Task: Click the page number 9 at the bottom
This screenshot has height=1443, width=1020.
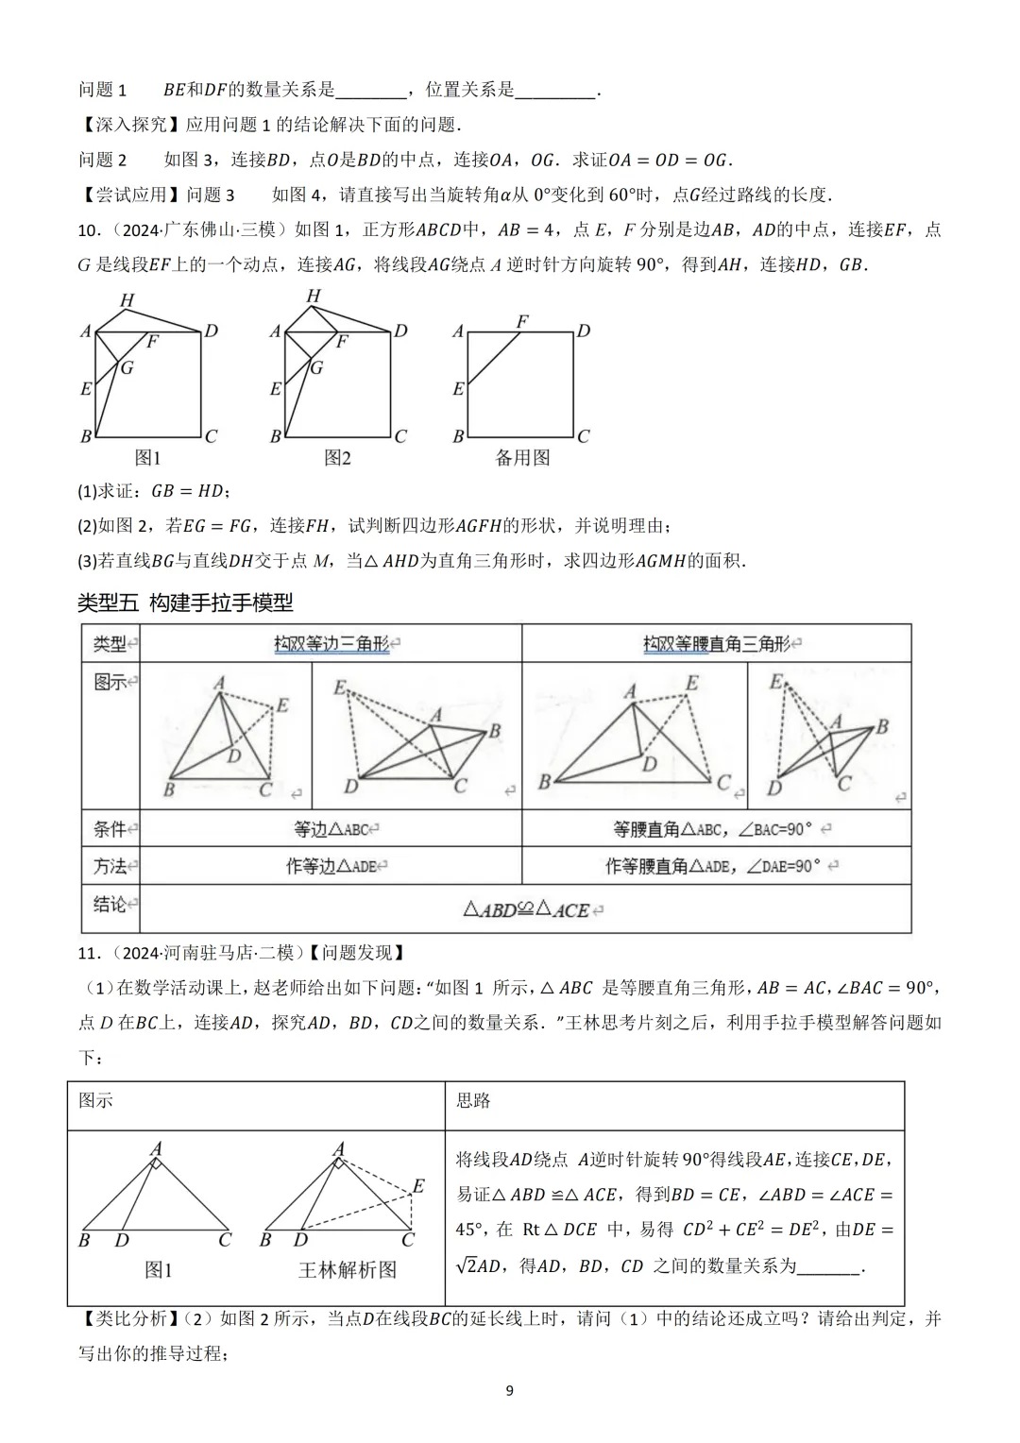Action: (x=510, y=1390)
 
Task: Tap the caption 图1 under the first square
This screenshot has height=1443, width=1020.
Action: (x=148, y=458)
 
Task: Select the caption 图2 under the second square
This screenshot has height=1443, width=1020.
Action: (x=337, y=458)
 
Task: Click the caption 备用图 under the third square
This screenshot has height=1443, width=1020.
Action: (x=522, y=458)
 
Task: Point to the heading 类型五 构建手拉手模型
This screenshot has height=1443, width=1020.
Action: (x=185, y=602)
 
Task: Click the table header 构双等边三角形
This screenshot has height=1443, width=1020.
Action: (x=331, y=644)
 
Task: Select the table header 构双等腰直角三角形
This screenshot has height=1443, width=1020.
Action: (x=717, y=644)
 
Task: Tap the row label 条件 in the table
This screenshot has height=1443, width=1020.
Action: (x=110, y=829)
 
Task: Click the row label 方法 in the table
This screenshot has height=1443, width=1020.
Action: (x=110, y=866)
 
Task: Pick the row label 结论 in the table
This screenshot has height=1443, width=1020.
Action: (x=110, y=905)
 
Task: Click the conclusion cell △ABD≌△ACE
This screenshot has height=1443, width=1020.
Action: (x=525, y=910)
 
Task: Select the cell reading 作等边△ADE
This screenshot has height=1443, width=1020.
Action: (x=331, y=866)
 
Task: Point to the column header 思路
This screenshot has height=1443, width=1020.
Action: (x=473, y=1100)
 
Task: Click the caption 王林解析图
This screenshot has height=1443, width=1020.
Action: (x=348, y=1270)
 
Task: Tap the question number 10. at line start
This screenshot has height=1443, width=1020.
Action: (x=88, y=230)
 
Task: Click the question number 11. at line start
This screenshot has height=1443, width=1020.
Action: (x=88, y=953)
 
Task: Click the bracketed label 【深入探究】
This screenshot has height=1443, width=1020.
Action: (x=131, y=125)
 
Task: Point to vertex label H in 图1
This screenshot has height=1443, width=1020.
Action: (x=127, y=301)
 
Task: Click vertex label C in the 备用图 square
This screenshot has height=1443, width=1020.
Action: (x=584, y=436)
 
